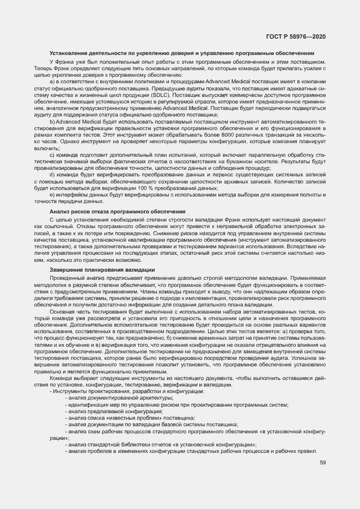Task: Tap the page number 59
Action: click(323, 463)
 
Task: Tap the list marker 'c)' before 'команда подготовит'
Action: click(52, 155)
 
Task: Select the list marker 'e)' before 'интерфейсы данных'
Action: click(52, 194)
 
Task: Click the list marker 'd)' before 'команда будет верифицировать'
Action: click(52, 175)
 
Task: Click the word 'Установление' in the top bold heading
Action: click(68, 53)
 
